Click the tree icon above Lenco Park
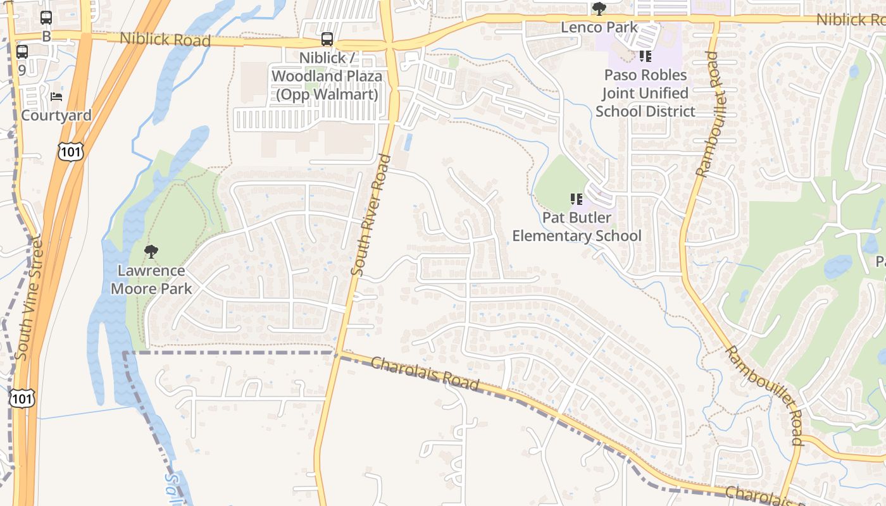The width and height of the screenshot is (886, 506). click(x=599, y=9)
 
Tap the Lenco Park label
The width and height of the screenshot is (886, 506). click(x=599, y=28)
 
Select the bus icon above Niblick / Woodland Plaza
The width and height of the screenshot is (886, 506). click(x=327, y=39)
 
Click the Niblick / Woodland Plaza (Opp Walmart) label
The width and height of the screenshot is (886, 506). click(x=327, y=76)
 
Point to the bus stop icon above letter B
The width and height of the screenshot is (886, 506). click(x=46, y=18)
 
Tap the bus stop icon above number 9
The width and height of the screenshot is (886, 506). click(x=22, y=52)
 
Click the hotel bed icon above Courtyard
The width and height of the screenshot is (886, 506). click(x=56, y=97)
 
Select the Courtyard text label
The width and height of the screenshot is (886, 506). click(x=56, y=115)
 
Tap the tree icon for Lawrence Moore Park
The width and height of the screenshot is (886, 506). click(x=151, y=252)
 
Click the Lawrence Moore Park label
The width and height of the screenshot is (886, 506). click(x=151, y=280)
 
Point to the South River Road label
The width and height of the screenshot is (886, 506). click(x=370, y=215)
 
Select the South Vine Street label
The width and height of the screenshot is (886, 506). click(x=28, y=297)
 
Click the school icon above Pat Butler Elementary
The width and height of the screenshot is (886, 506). click(x=577, y=200)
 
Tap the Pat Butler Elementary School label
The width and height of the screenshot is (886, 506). click(x=577, y=226)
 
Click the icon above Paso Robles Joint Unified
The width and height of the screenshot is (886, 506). click(x=645, y=56)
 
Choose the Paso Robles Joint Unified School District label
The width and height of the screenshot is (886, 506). click(x=645, y=93)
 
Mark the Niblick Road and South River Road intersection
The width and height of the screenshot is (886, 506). click(x=390, y=44)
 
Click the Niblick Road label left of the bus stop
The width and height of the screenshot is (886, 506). click(x=165, y=39)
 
